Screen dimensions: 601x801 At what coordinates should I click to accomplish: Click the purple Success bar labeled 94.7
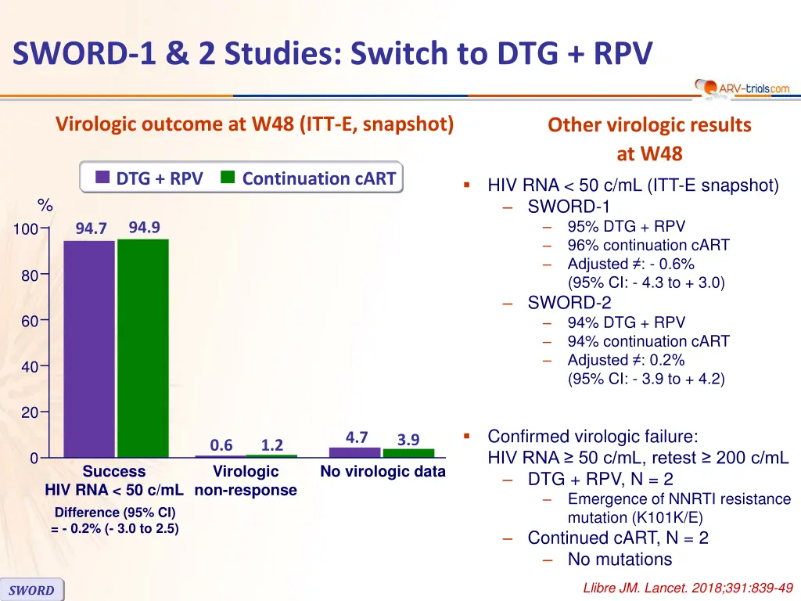(x=88, y=348)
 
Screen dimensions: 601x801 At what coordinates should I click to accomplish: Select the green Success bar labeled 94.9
(x=142, y=347)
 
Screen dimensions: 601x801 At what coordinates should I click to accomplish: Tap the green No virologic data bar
(x=408, y=453)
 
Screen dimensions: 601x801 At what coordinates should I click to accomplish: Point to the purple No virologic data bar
(x=354, y=452)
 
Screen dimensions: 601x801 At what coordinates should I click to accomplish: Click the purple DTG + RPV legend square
(x=102, y=178)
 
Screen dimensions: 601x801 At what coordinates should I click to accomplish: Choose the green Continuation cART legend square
(x=228, y=178)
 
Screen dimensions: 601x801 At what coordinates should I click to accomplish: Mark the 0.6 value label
(x=221, y=445)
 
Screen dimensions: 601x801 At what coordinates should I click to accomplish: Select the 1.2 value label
(x=272, y=445)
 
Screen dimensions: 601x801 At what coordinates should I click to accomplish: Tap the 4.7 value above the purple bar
(x=357, y=437)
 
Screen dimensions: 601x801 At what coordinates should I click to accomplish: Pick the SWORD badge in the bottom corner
(x=32, y=590)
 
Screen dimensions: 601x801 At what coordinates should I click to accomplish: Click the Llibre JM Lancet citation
(x=688, y=588)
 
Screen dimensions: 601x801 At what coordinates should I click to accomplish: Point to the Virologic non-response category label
(x=246, y=481)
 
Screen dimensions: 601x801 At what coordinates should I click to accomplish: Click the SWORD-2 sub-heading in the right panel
(x=569, y=303)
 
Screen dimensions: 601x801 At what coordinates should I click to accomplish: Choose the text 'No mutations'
(x=620, y=560)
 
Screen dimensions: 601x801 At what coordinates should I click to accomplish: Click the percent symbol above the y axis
(x=45, y=207)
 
